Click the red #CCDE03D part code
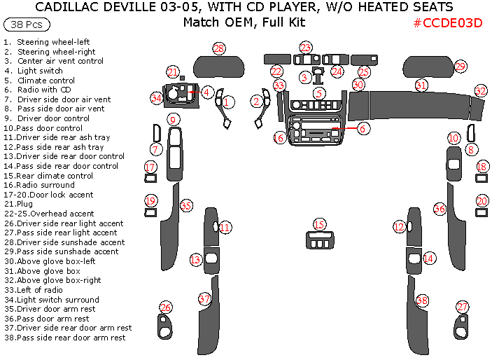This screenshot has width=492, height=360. [x=448, y=22]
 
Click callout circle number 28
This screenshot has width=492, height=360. [x=220, y=48]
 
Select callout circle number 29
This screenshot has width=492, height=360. [x=460, y=67]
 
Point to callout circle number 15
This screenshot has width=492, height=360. [x=319, y=225]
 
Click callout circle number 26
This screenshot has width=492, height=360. [x=166, y=307]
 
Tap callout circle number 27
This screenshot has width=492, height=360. [x=462, y=307]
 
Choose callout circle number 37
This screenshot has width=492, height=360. [x=204, y=299]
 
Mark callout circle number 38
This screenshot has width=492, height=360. [x=422, y=300]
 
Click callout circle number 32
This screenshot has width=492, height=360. [x=480, y=91]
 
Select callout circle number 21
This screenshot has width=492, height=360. [x=173, y=71]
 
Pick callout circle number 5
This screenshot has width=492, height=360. [x=319, y=93]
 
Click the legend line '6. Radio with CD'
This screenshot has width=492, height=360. [x=36, y=90]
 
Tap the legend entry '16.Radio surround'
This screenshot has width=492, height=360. [x=38, y=185]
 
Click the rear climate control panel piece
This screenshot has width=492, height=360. [x=319, y=241]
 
